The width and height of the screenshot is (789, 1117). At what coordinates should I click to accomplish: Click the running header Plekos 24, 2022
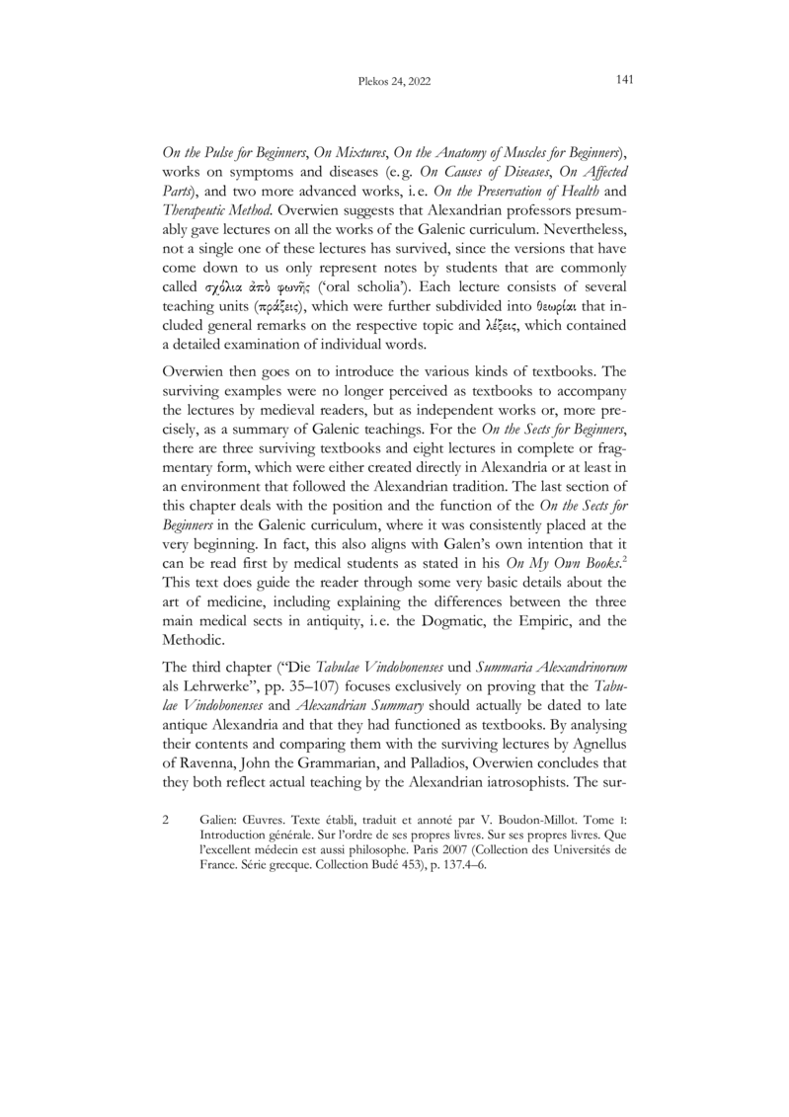tap(394, 80)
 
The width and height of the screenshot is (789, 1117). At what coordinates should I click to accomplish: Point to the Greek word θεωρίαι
tap(532, 321)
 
